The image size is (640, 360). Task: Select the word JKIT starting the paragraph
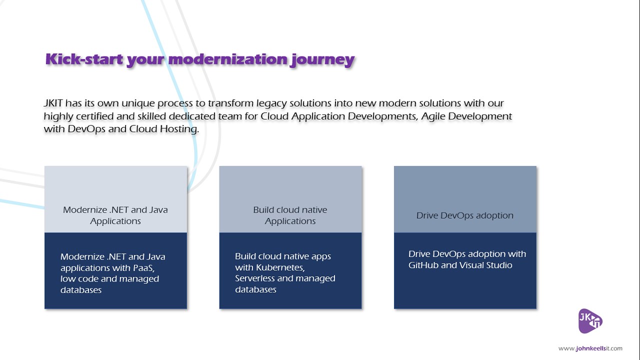[x=53, y=103]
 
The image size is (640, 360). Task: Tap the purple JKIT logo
[x=590, y=320]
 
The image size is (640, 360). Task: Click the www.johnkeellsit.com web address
[x=590, y=348]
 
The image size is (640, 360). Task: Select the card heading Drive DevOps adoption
[x=464, y=215]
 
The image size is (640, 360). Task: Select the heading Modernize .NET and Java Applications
[x=115, y=215]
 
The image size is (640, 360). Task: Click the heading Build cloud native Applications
[x=290, y=215]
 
